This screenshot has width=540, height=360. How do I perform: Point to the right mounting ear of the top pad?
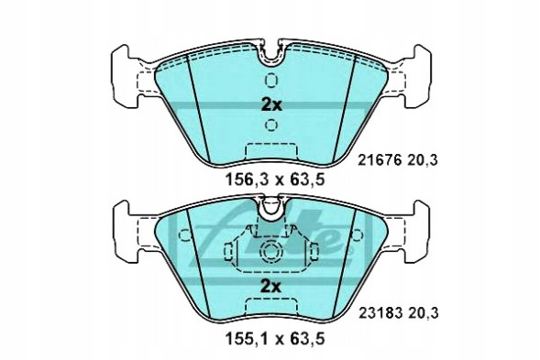pyautogui.click(x=413, y=69)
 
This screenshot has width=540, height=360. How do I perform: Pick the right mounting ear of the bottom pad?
pyautogui.click(x=413, y=229)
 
